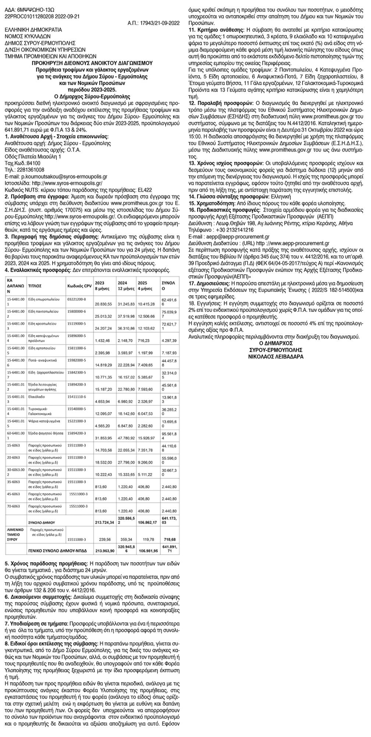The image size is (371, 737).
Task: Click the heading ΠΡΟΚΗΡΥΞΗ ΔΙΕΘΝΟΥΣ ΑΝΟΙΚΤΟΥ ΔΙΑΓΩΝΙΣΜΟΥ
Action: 93,63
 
